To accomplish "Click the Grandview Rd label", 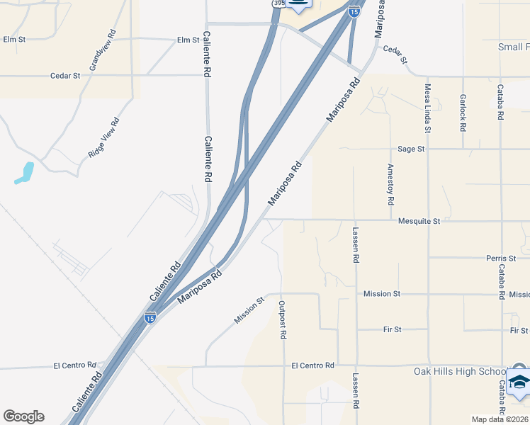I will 102,50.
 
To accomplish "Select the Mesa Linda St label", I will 428,108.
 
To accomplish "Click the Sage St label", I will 411,149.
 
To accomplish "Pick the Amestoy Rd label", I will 390,185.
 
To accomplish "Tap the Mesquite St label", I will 419,221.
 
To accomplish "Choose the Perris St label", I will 501,259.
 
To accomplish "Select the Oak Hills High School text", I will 460,372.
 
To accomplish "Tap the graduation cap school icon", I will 518,381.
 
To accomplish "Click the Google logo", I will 23,416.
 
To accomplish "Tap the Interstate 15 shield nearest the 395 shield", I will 354,11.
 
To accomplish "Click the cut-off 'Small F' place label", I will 514,47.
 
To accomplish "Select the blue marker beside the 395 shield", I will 300,4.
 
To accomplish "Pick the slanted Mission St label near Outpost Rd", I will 249,310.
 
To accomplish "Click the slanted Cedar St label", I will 395,55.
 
